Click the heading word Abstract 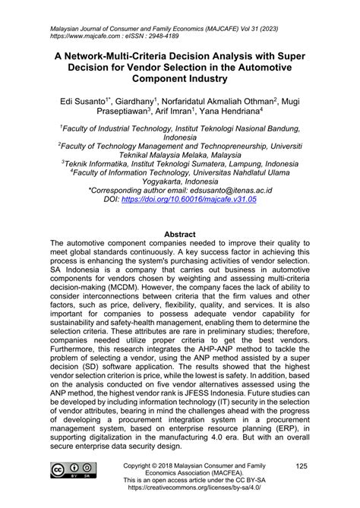[x=180, y=235]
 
